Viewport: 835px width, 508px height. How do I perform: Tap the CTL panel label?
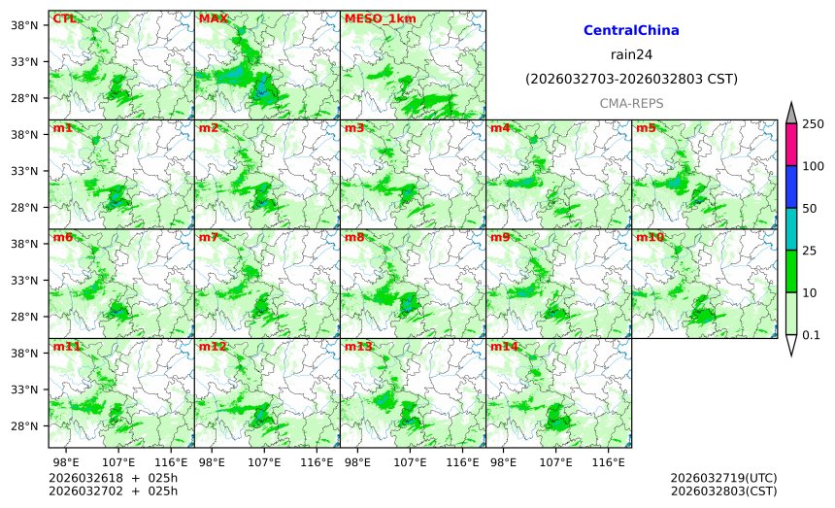tap(65, 18)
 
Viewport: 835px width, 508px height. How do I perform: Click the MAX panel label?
tap(213, 18)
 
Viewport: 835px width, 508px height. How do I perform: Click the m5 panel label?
tap(646, 128)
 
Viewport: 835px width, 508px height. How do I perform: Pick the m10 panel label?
tap(650, 237)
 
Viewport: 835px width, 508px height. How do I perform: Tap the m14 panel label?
tap(504, 347)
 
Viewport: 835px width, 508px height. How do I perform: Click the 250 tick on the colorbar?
tap(813, 123)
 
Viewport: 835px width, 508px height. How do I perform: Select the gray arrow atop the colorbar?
tap(791, 113)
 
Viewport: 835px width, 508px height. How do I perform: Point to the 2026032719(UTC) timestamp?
tap(723, 479)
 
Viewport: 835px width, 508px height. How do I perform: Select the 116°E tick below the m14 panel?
tap(609, 461)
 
